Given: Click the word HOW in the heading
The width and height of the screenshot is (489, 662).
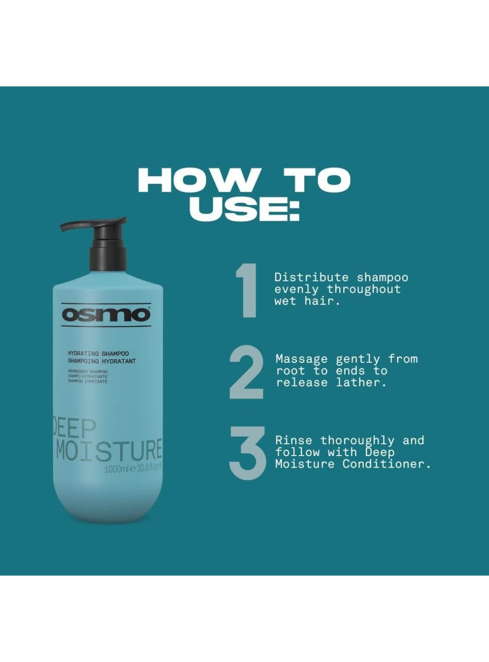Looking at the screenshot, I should pos(199,180).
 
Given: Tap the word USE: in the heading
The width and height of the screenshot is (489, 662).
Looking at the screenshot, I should pos(244,209).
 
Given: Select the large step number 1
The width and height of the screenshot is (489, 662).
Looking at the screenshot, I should pos(246,291).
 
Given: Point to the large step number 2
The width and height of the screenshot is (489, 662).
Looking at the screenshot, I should pos(246,373).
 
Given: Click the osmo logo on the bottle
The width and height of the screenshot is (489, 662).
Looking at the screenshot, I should pos(106,315).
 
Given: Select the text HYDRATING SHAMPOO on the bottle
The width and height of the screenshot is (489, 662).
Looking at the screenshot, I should pos(98,354).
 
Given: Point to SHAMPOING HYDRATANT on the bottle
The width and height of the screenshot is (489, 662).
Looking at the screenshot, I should pos(102,361).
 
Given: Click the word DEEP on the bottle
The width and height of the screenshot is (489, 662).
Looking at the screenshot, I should pos(74,428).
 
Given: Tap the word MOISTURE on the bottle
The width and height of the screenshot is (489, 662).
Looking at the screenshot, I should pos(109,450).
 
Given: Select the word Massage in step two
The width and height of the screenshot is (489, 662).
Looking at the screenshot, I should pos(301,359).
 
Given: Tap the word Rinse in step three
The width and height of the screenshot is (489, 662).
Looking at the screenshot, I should pos(293,440).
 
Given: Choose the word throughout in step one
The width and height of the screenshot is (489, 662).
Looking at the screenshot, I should pos(364,289).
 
